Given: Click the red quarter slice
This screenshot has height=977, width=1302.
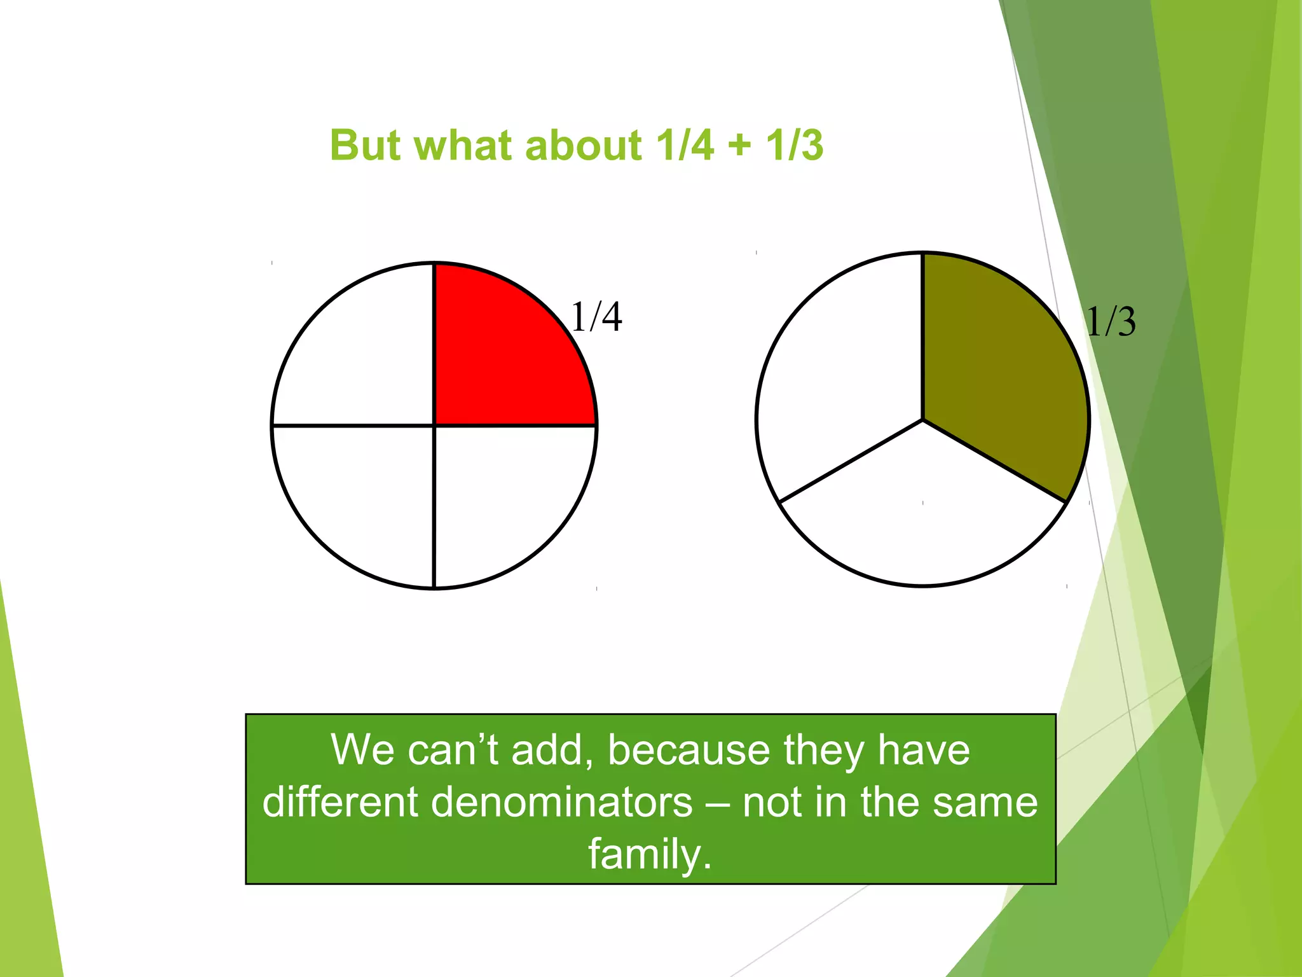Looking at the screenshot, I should click(502, 356).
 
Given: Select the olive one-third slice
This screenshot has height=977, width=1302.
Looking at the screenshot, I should click(998, 369).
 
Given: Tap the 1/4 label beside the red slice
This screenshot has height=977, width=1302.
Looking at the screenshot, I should click(596, 317).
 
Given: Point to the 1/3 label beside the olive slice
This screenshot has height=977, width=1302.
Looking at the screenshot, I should click(1111, 321).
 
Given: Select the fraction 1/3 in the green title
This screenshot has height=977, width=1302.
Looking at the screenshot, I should click(795, 145).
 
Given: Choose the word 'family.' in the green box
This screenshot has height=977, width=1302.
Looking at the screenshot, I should click(649, 854).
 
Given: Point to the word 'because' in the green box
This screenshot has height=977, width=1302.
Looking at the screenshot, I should click(689, 750).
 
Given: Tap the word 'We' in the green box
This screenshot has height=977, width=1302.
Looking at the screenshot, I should click(362, 750).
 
